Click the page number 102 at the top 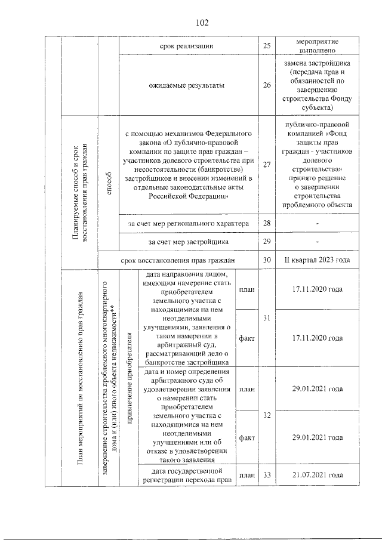click(x=202, y=23)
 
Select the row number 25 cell click(x=267, y=47)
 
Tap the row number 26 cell click(x=267, y=85)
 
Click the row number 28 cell click(x=267, y=223)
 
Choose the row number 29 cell click(x=267, y=241)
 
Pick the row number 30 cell click(x=267, y=260)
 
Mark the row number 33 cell click(x=267, y=475)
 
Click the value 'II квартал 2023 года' click(x=317, y=260)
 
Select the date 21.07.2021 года click(x=317, y=475)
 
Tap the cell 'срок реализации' click(x=187, y=47)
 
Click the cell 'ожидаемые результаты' click(x=187, y=85)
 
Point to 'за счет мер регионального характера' click(x=187, y=223)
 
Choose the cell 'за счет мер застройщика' click(x=187, y=241)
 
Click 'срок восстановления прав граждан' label click(x=177, y=260)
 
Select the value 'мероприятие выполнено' click(x=317, y=47)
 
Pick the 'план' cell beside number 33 click(x=247, y=475)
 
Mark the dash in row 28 click(x=317, y=223)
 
